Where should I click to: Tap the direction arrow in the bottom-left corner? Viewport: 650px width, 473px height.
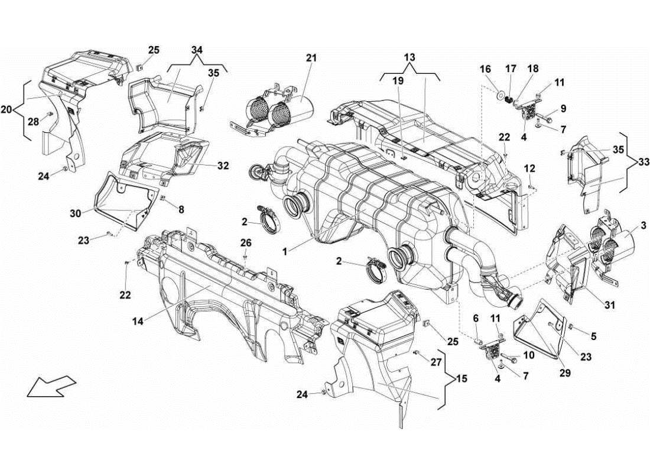pos(51,388)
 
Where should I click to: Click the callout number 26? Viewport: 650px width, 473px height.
pos(246,242)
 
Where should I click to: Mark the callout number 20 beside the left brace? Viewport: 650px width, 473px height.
pos(6,110)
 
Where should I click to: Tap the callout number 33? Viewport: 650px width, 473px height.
pos(642,160)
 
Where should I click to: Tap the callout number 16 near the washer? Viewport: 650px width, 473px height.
pos(486,69)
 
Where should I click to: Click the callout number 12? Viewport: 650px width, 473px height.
pos(531,169)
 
